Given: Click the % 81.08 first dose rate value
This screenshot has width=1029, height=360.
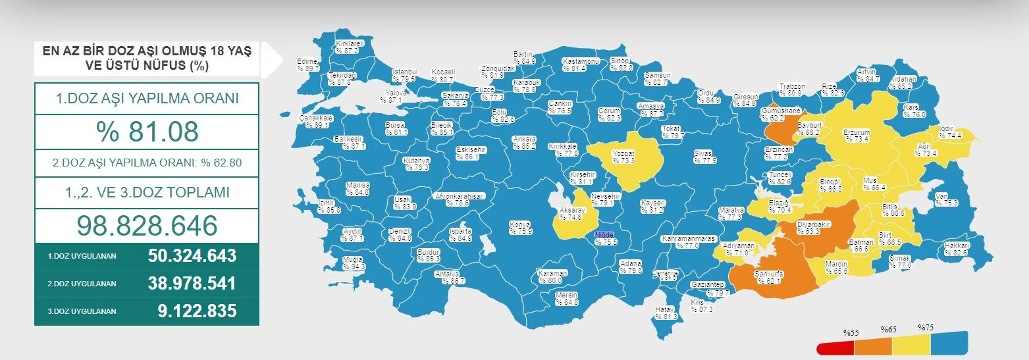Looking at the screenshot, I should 147,132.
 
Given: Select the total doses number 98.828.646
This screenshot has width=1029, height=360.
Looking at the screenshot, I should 147,226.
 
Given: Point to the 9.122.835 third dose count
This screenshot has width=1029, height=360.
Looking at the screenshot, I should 197,311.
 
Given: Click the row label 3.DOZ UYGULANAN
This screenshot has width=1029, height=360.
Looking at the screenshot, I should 82,311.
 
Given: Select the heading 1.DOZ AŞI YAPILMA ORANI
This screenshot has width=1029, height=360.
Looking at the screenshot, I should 147,99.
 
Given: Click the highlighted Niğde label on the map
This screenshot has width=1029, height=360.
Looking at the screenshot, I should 605,235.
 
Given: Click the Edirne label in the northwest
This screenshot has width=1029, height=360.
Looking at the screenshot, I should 308,64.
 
